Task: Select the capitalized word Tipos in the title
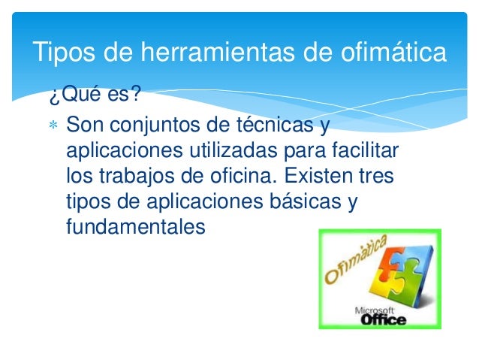pyautogui.click(x=62, y=53)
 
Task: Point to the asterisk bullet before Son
pyautogui.click(x=52, y=123)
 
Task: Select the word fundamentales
pyautogui.click(x=135, y=228)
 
